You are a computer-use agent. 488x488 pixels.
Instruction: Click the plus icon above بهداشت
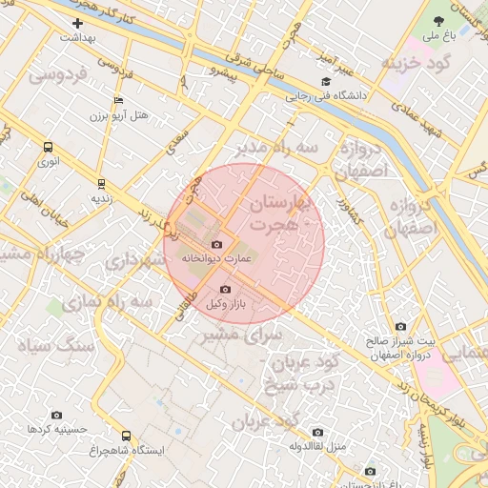77,23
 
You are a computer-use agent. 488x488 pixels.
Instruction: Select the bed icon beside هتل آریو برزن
118,100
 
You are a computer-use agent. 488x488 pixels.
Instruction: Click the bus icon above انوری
48,147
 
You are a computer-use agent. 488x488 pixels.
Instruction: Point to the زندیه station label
102,199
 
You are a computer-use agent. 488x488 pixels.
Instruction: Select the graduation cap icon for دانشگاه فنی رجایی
326,82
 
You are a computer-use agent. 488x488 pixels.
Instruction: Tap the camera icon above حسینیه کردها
56,416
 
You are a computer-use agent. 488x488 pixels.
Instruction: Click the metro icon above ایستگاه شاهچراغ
126,436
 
